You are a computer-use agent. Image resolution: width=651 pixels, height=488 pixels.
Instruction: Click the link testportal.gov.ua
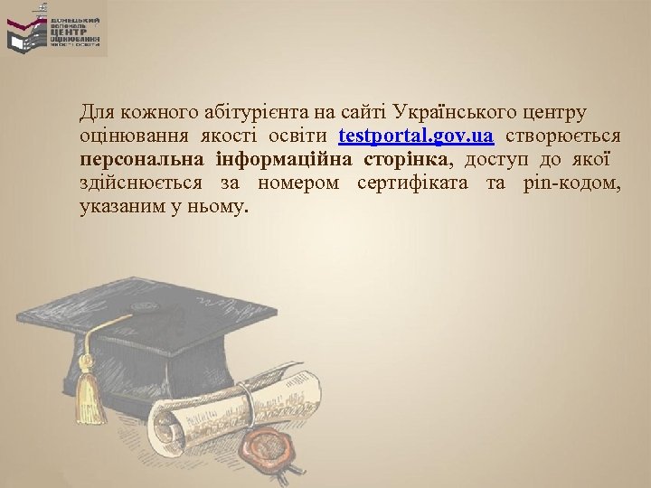(x=416, y=136)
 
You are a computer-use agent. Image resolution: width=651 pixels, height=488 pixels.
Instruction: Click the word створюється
(x=562, y=136)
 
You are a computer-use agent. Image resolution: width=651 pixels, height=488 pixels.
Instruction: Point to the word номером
(x=298, y=183)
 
